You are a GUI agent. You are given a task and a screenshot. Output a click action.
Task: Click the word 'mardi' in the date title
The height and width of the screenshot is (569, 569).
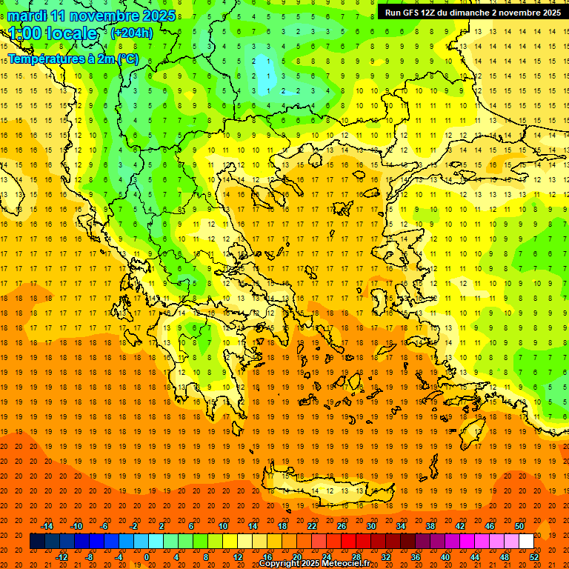(x=25, y=16)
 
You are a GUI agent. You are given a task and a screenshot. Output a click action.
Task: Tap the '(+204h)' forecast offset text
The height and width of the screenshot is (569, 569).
(x=131, y=33)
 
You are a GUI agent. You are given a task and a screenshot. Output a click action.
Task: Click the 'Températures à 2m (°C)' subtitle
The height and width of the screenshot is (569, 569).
(x=73, y=59)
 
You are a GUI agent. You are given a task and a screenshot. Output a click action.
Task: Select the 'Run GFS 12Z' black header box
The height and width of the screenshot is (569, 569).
(x=472, y=12)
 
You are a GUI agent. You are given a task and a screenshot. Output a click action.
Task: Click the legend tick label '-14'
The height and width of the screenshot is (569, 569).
(x=47, y=526)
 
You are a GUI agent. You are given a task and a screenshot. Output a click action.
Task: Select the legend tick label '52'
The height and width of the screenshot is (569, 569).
(x=535, y=557)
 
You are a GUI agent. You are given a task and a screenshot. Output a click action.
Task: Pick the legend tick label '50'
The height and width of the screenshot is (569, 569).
(x=519, y=526)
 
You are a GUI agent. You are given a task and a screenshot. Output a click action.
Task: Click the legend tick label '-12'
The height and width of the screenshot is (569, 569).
(x=62, y=557)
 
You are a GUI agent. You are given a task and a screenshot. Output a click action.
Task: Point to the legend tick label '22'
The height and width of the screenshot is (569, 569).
(x=312, y=526)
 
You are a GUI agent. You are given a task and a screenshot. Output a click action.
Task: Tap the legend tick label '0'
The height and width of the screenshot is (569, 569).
(x=146, y=557)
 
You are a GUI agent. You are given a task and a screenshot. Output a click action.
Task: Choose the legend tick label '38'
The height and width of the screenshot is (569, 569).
(x=430, y=526)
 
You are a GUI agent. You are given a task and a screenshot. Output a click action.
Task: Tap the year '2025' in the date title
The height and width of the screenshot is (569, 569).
(x=159, y=16)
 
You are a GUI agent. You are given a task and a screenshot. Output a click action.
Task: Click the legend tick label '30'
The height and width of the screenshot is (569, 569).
(x=371, y=526)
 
